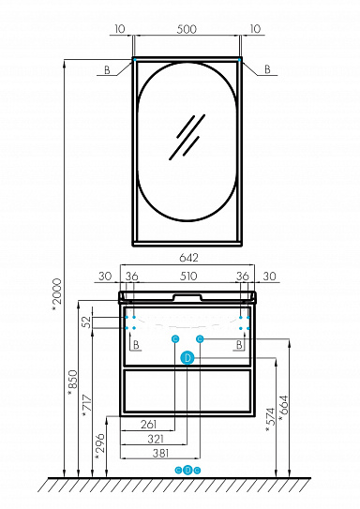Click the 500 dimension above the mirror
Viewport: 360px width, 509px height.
pyautogui.click(x=187, y=29)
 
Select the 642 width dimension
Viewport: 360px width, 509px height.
pyautogui.click(x=188, y=258)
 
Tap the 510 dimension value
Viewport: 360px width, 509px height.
pyautogui.click(x=188, y=277)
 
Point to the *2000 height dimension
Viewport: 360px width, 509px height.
pyautogui.click(x=57, y=296)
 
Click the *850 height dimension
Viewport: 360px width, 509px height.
pyautogui.click(x=73, y=383)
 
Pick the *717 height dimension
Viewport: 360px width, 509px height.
pyautogui.click(x=87, y=407)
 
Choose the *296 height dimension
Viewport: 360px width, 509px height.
pyautogui.click(x=100, y=446)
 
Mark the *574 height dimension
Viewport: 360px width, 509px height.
pyautogui.click(x=270, y=420)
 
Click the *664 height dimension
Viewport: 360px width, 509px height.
pyautogui.click(x=283, y=409)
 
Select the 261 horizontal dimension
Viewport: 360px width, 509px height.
pyautogui.click(x=149, y=425)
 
